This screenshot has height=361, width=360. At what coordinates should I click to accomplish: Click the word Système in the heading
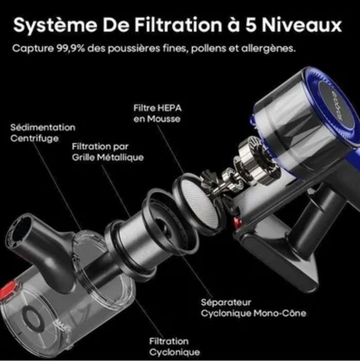pos(55,25)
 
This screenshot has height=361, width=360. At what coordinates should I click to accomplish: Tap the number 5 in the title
pos(250,25)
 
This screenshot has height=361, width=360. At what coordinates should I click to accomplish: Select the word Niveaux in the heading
pos(302,25)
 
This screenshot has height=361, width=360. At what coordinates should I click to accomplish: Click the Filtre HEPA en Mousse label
pos(157,113)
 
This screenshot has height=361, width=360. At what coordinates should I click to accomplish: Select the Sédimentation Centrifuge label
pos(43,133)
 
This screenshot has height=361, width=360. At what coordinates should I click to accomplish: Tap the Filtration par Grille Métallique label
pos(107,152)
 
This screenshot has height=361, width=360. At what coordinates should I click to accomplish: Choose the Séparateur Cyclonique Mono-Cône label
pos(254,308)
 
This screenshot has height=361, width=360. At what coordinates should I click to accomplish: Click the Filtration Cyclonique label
pos(174,347)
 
